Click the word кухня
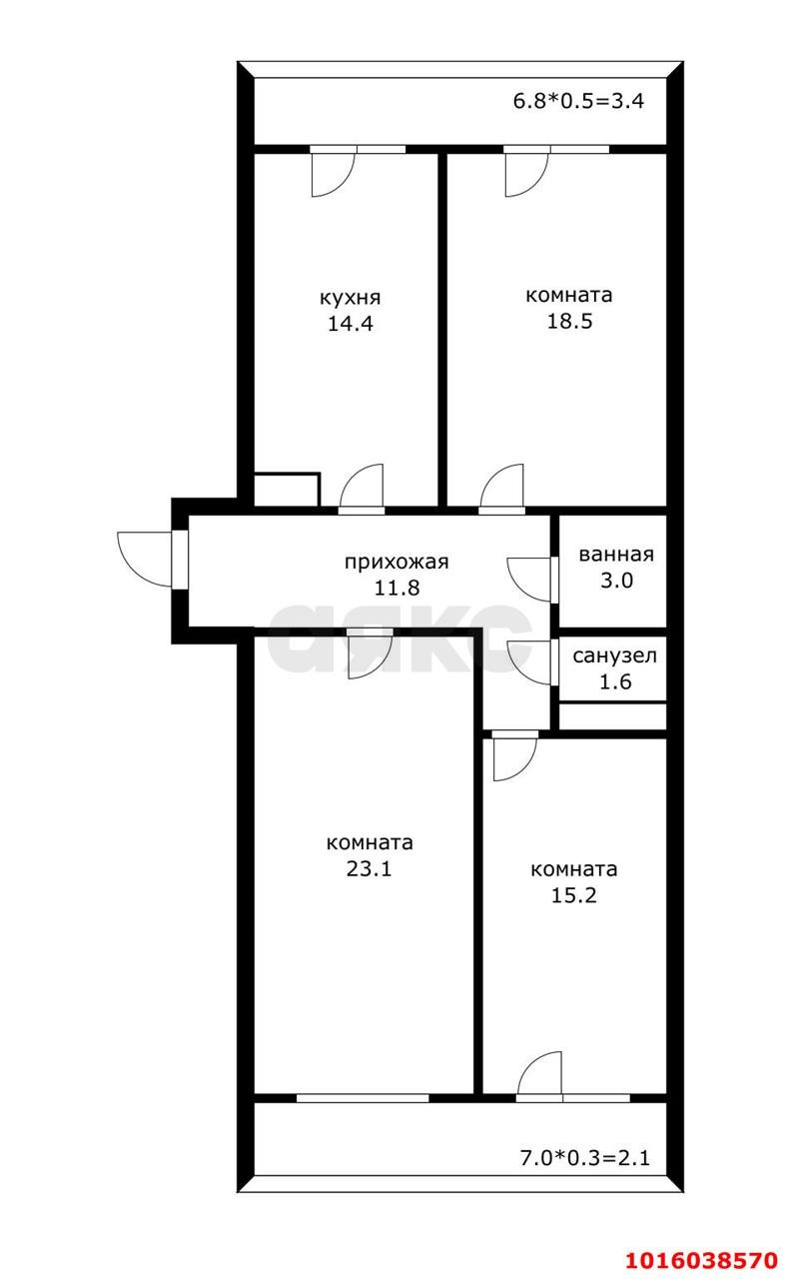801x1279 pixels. pyautogui.click(x=350, y=298)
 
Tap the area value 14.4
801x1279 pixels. pyautogui.click(x=350, y=324)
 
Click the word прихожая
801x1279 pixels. pyautogui.click(x=397, y=562)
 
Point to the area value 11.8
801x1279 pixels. pyautogui.click(x=397, y=588)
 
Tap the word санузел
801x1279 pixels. pyautogui.click(x=614, y=656)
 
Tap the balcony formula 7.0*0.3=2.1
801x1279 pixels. pyautogui.click(x=584, y=1159)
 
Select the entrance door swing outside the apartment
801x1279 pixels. pyautogui.click(x=145, y=560)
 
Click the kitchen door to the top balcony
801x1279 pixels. pyautogui.click(x=333, y=172)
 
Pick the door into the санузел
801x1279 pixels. pyautogui.click(x=529, y=660)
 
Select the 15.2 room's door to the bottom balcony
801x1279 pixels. pyautogui.click(x=540, y=1077)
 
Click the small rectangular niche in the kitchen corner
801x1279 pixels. pyautogui.click(x=287, y=490)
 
